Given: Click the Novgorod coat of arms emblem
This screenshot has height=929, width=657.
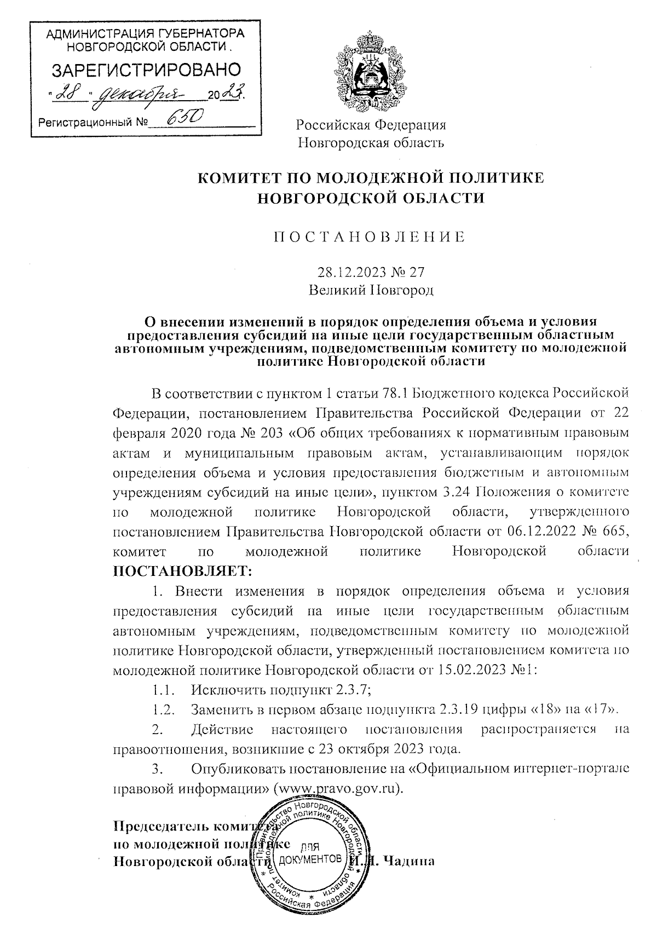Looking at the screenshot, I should (370, 71).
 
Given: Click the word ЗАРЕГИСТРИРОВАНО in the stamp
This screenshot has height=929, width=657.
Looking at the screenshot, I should (146, 70).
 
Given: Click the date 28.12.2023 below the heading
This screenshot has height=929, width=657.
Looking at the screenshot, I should (346, 272).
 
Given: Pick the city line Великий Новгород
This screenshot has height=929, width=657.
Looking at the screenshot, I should (371, 290).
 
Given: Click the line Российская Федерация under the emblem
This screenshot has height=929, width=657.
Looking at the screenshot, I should (371, 125).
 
